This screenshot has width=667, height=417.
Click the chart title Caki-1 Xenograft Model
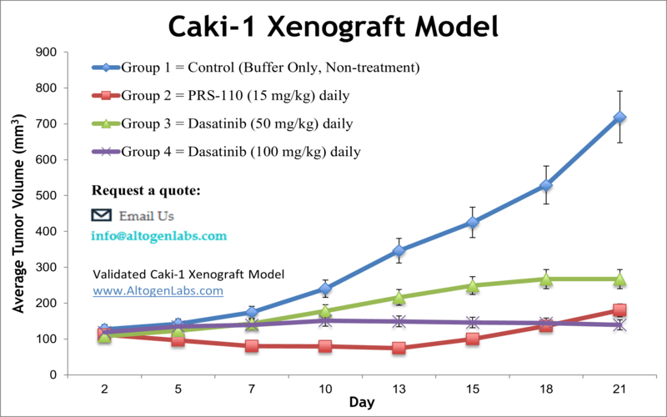(333, 27)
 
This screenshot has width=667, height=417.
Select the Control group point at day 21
(619, 118)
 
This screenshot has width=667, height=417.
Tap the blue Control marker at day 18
(546, 185)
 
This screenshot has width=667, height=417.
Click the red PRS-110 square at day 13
(399, 348)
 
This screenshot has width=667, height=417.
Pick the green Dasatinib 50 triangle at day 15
(473, 286)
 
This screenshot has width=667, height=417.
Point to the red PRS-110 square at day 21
(619, 311)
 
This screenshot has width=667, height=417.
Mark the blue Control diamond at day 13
(399, 250)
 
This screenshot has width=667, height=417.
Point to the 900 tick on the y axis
(46, 53)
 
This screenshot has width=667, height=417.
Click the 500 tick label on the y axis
(46, 196)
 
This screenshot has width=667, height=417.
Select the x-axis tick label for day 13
(399, 389)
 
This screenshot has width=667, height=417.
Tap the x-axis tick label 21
(619, 389)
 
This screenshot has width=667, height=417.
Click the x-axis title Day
(361, 403)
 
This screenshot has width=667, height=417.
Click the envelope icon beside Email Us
(101, 215)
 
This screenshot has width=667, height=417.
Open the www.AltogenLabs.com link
(158, 291)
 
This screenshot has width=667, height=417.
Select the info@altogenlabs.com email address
(158, 236)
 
